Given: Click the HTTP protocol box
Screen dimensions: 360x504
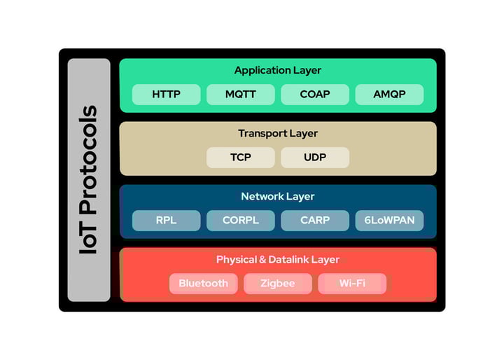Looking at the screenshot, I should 166,95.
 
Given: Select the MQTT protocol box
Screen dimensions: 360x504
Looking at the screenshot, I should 240,95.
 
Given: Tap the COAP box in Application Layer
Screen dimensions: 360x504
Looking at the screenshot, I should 315,95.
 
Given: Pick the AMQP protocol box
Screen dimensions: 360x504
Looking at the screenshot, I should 389,95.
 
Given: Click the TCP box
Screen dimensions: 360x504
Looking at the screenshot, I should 240,158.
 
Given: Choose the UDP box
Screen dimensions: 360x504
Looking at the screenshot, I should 315,158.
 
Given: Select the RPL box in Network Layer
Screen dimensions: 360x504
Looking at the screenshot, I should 166,221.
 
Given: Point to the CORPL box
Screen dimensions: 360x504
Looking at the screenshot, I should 240,221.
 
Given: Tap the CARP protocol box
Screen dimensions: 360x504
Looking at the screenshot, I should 315,221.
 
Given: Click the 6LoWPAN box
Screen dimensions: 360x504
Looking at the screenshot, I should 389,221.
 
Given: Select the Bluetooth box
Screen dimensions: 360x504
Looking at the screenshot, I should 203,284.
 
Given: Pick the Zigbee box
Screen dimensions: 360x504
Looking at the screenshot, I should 278,284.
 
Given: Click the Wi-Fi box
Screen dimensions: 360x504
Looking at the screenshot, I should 352,284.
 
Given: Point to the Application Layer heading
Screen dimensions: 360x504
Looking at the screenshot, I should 278,71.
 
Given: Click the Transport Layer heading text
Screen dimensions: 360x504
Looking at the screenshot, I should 278,134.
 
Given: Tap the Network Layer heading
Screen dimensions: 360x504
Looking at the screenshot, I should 278,197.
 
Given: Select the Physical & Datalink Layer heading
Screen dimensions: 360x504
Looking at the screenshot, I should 278,260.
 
